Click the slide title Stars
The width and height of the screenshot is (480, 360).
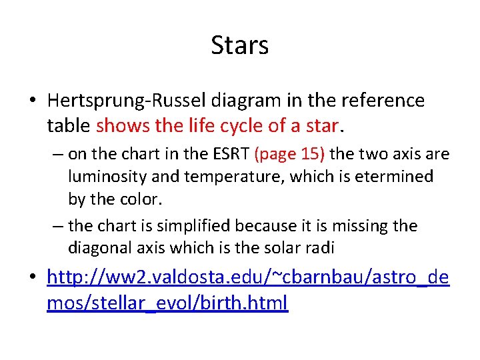click(x=240, y=45)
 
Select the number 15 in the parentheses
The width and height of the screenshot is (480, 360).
click(x=311, y=155)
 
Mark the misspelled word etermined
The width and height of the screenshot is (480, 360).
click(x=390, y=177)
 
